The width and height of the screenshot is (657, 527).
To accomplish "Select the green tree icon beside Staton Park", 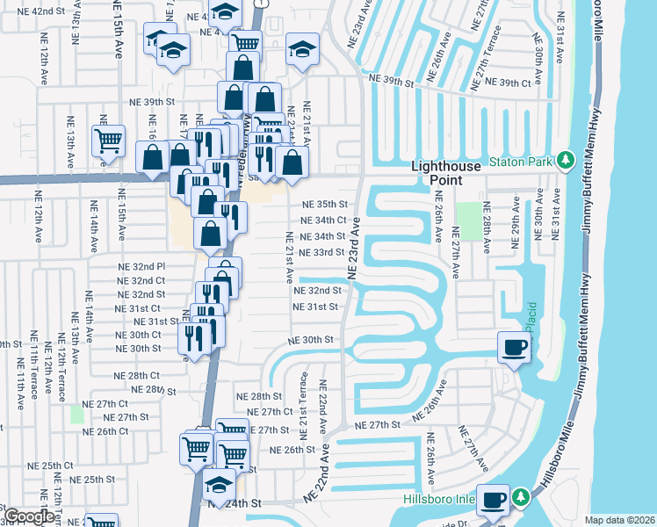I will pyautogui.click(x=567, y=159).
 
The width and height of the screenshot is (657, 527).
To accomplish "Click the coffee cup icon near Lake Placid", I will pyautogui.click(x=514, y=347).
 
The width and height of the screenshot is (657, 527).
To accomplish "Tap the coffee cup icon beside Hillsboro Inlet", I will pyautogui.click(x=494, y=498).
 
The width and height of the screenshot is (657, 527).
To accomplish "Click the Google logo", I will pyautogui.click(x=28, y=516).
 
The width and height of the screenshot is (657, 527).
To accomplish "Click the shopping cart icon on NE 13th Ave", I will pyautogui.click(x=108, y=141).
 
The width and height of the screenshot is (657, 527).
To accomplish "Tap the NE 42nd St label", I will pyautogui.click(x=48, y=11).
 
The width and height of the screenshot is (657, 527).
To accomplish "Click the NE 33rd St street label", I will pyautogui.click(x=322, y=252).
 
